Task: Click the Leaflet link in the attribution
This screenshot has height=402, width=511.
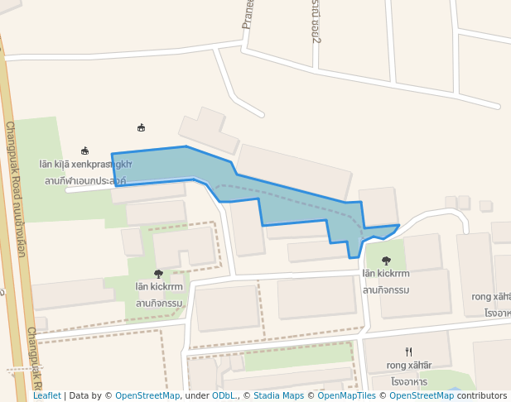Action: tap(46, 395)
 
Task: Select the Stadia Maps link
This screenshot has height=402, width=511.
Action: tap(279, 395)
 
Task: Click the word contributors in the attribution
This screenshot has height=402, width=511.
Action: tap(481, 395)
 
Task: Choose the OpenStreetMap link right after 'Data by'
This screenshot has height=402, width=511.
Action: tap(147, 395)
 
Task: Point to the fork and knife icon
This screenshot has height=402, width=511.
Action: tap(408, 352)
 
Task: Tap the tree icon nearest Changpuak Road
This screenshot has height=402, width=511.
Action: tap(158, 274)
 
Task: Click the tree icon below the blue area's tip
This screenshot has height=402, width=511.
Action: tap(386, 261)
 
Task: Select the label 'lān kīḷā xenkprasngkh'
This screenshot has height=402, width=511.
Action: tap(85, 165)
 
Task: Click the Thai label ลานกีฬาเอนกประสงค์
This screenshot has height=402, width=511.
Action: tap(85, 180)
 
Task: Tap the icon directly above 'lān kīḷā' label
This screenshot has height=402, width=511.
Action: tap(84, 151)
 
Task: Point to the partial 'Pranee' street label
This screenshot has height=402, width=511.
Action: tap(247, 14)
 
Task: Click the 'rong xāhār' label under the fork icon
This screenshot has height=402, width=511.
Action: tap(409, 365)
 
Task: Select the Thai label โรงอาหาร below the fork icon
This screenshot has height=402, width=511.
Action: tap(409, 381)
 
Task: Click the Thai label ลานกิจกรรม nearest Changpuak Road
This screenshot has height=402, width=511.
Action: tap(159, 303)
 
